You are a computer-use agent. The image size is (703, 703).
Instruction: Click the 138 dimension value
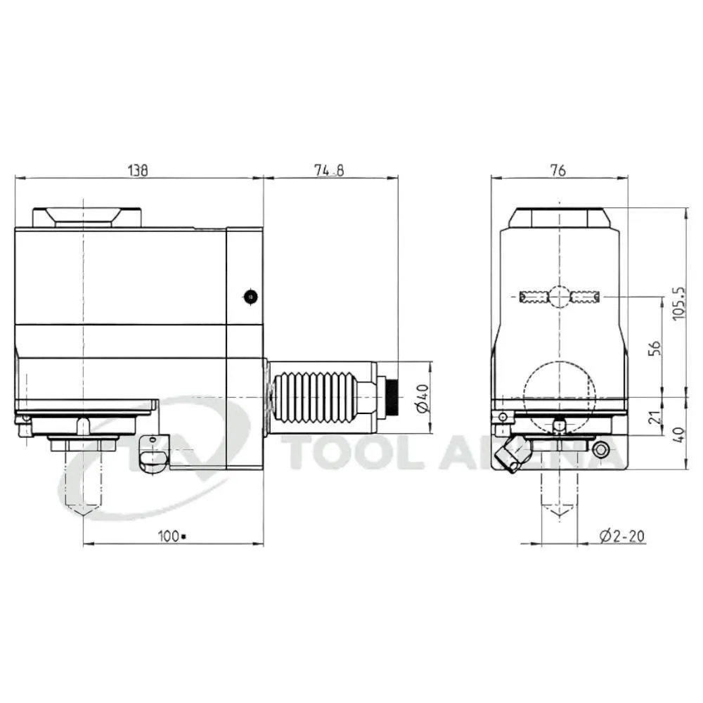138,170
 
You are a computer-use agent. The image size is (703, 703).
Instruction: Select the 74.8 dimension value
329,170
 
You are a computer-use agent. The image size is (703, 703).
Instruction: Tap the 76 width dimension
559,170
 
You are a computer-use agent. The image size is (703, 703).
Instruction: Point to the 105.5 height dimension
679,303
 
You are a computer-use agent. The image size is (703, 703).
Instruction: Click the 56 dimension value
655,348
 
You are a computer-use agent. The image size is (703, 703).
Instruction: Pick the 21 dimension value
655,417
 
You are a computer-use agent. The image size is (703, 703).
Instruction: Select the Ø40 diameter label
423,398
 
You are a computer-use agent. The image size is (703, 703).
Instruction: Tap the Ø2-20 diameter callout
622,536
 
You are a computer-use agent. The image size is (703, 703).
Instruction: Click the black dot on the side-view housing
251,297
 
